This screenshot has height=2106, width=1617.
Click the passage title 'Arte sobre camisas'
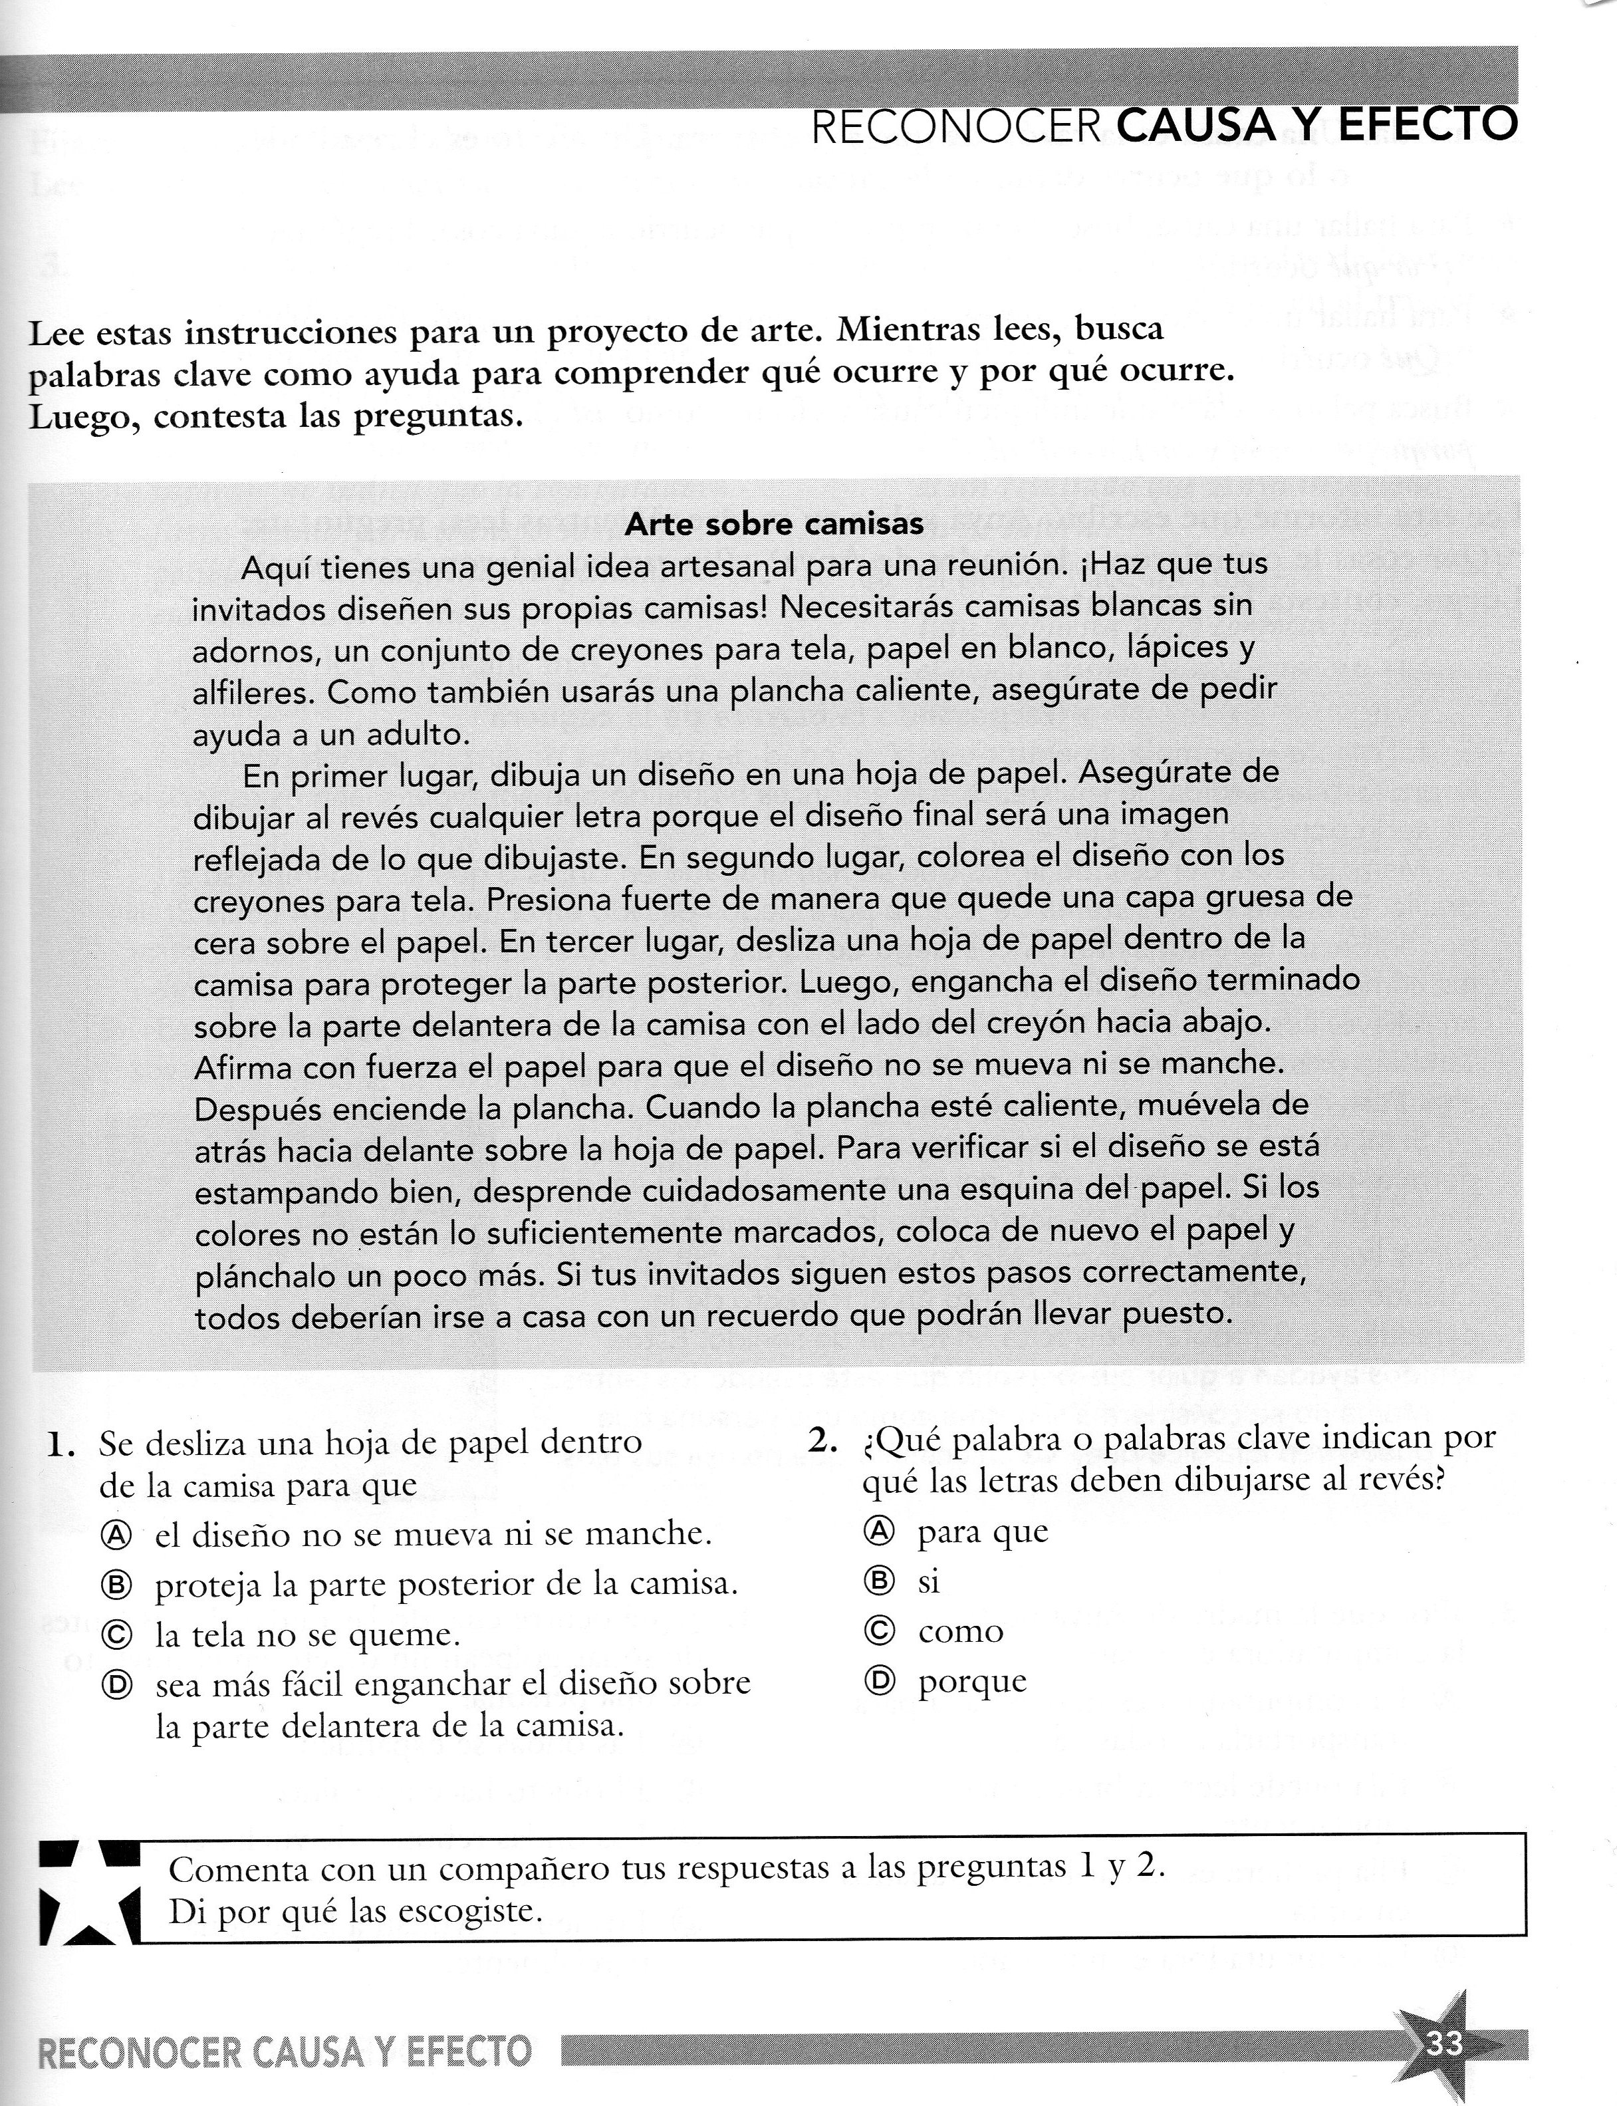774,523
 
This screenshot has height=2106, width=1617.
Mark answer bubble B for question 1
116,1584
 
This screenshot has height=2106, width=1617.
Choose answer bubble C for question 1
116,1635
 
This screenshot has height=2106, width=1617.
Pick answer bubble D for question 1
116,1684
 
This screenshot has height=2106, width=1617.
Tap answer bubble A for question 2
879,1530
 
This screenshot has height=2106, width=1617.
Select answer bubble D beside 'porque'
879,1680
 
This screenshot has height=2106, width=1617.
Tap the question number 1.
61,1445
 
